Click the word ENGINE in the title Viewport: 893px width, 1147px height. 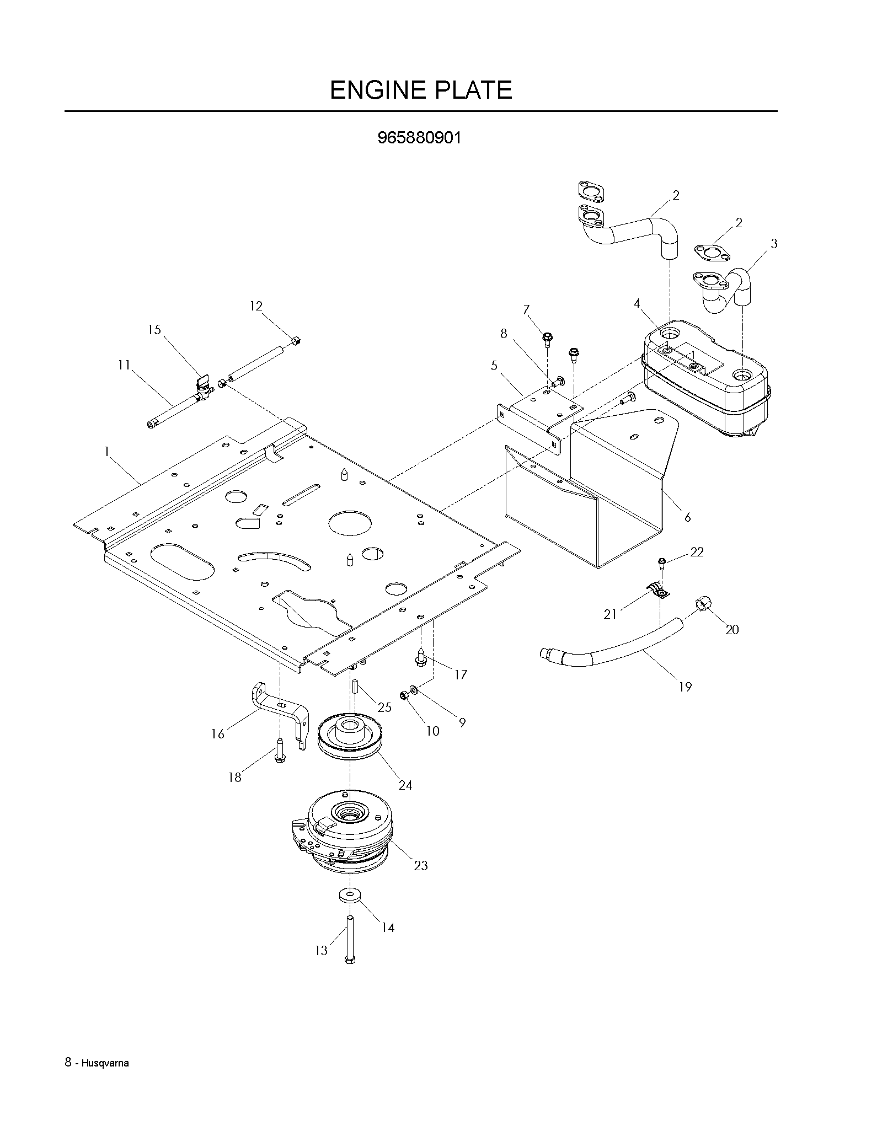coord(377,90)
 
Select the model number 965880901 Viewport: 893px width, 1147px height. coord(419,138)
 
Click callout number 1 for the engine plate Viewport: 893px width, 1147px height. coord(106,452)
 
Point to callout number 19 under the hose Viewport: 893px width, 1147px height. coord(685,687)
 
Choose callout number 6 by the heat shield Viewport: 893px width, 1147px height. coord(687,517)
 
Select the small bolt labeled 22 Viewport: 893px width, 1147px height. coord(662,564)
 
